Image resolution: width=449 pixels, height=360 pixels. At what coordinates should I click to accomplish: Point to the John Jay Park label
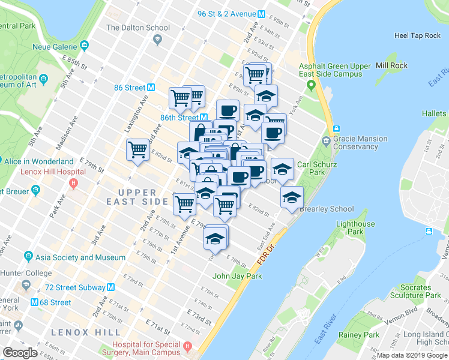(x=238, y=277)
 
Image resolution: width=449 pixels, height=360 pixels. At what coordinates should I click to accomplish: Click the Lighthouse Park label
(x=355, y=228)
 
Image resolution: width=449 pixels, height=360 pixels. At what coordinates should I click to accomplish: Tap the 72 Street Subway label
(x=74, y=287)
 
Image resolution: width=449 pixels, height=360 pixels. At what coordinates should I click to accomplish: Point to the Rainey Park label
(x=358, y=335)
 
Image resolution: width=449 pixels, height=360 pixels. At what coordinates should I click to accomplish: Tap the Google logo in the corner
(x=20, y=353)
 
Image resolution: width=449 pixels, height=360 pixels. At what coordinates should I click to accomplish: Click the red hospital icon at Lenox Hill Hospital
(x=73, y=183)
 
